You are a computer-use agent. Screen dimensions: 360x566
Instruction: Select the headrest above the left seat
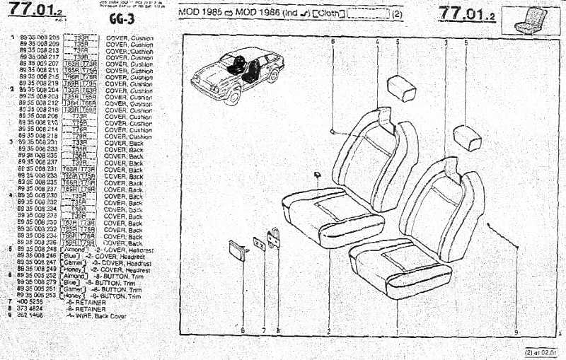402,89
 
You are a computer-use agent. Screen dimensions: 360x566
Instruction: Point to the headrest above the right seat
467,137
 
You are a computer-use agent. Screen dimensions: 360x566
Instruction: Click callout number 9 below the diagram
516,331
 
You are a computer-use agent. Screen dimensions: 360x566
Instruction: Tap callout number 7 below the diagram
263,330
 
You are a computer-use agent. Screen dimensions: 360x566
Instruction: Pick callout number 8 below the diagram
277,330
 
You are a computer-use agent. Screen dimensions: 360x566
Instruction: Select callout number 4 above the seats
378,42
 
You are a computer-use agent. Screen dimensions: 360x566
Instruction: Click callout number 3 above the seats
446,42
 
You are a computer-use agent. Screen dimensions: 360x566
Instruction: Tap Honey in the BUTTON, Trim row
74,296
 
